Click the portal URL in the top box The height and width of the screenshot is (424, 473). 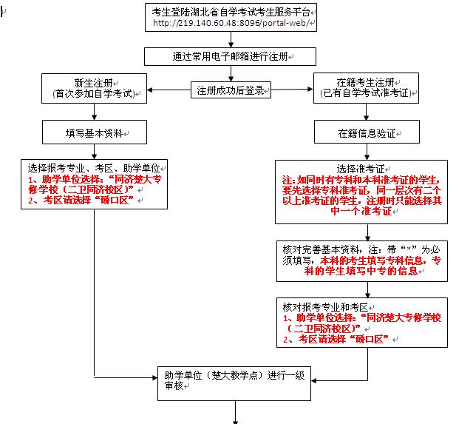click(234, 23)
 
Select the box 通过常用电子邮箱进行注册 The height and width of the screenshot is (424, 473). click(234, 56)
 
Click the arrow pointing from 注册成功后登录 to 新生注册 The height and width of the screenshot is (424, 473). click(169, 91)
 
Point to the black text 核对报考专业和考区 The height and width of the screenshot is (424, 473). click(325, 306)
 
